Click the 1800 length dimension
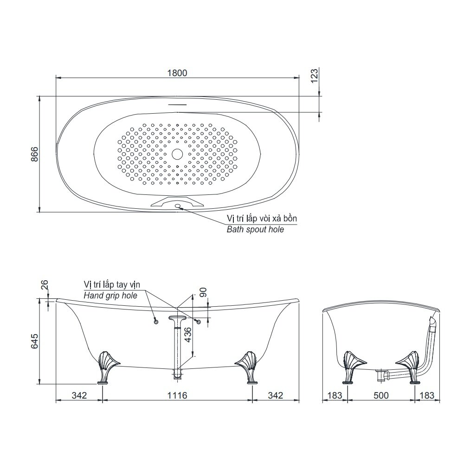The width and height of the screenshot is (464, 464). click(x=176, y=72)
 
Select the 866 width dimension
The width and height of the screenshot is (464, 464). click(x=34, y=154)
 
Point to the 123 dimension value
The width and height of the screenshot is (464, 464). click(x=314, y=76)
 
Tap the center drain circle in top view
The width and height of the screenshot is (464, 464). click(x=177, y=154)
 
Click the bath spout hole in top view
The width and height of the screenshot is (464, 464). click(x=178, y=206)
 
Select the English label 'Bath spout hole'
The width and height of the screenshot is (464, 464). click(x=255, y=229)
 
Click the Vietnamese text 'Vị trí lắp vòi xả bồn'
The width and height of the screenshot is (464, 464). click(x=261, y=218)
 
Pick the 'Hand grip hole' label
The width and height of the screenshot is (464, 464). click(x=110, y=295)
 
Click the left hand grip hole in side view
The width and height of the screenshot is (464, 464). click(x=156, y=321)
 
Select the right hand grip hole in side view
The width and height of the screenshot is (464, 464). click(x=199, y=322)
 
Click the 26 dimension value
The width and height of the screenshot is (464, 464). click(x=44, y=285)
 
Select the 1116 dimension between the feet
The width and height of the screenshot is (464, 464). click(x=177, y=395)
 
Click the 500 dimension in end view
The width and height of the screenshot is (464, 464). click(x=380, y=395)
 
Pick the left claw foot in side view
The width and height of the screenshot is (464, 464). click(x=106, y=367)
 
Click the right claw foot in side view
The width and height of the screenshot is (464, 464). click(x=248, y=367)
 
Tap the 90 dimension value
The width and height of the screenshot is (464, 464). click(x=203, y=293)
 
